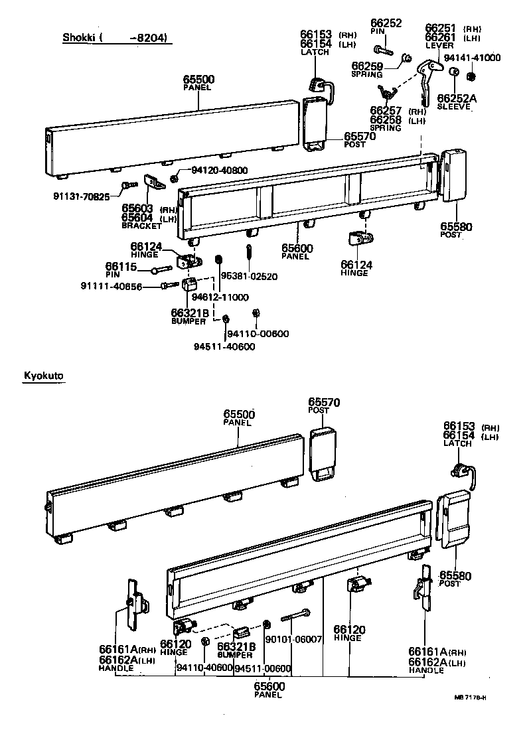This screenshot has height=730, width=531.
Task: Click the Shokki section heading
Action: pyautogui.click(x=116, y=37)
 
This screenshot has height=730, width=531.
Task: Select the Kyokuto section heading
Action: pyautogui.click(x=44, y=376)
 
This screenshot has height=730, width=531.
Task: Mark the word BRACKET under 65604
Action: pyautogui.click(x=141, y=226)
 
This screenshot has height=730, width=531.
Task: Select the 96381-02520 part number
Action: pyautogui.click(x=250, y=275)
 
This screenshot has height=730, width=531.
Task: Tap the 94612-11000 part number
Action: pyautogui.click(x=220, y=297)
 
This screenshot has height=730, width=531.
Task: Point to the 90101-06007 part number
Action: pyautogui.click(x=293, y=639)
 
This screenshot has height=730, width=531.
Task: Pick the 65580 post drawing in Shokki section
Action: pyautogui.click(x=454, y=175)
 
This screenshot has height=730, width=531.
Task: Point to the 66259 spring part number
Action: pyautogui.click(x=367, y=66)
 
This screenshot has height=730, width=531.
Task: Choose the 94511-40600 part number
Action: pyautogui.click(x=224, y=346)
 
